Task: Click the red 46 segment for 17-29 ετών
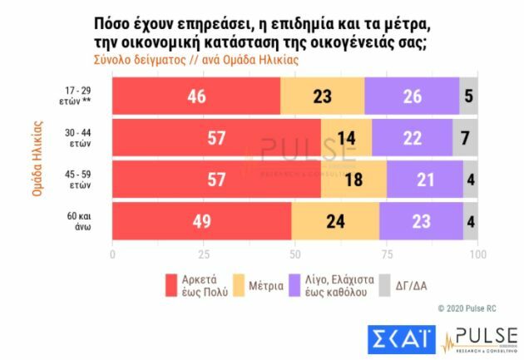(196, 96)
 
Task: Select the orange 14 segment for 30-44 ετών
(346, 138)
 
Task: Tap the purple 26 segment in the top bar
(412, 96)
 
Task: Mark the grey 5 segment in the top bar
(469, 96)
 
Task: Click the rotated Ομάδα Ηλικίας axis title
(37, 159)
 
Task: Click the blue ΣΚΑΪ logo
(400, 337)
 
